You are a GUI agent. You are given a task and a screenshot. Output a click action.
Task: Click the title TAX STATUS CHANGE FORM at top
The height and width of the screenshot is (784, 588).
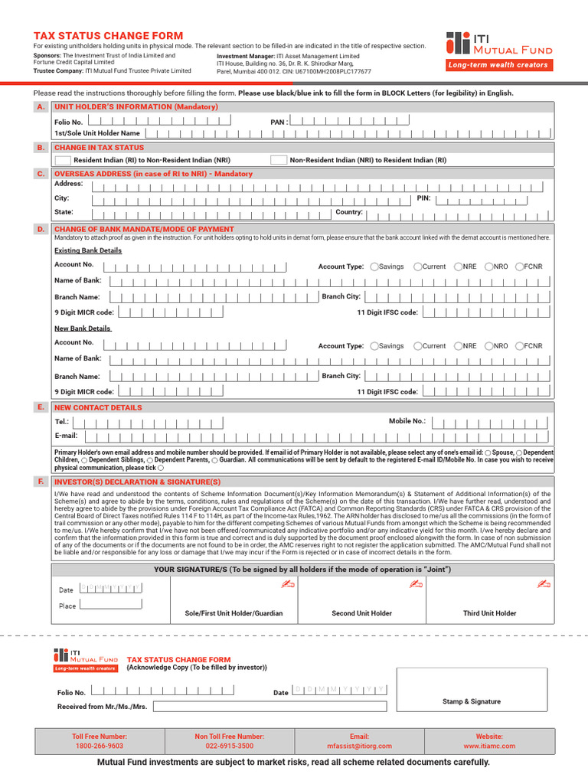click(x=108, y=36)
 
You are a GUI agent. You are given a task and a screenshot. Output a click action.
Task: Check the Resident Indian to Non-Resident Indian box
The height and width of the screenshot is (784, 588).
click(x=64, y=161)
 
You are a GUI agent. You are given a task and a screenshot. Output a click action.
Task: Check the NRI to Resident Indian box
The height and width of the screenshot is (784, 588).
click(x=279, y=161)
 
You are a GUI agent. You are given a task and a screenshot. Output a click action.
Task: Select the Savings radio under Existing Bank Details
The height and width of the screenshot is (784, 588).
click(x=374, y=266)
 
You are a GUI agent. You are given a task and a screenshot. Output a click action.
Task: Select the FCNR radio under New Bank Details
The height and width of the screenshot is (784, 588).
click(x=520, y=346)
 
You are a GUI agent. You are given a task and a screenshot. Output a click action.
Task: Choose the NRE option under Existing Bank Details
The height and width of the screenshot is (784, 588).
click(x=459, y=266)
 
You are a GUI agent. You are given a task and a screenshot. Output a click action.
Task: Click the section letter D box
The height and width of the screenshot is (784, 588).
click(x=41, y=229)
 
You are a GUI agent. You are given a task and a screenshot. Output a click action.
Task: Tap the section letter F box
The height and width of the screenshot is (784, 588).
click(x=41, y=482)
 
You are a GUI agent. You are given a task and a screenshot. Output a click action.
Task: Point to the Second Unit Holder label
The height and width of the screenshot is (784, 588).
click(x=361, y=613)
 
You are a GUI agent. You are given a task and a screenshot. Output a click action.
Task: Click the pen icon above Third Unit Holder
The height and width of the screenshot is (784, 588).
click(x=544, y=584)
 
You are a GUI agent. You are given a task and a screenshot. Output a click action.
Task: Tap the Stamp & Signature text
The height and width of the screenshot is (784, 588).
click(x=471, y=701)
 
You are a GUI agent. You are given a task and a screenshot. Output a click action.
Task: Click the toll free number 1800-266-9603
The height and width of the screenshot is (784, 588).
click(x=100, y=746)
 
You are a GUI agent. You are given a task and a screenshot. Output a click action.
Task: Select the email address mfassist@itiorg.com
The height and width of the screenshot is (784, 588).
click(x=359, y=746)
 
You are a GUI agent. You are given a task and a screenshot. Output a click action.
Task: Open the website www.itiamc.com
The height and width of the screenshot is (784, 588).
click(x=488, y=746)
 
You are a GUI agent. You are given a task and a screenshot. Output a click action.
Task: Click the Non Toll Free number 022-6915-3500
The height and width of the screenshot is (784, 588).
click(x=229, y=746)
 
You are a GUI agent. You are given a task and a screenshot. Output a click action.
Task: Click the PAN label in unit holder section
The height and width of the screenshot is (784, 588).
click(x=279, y=121)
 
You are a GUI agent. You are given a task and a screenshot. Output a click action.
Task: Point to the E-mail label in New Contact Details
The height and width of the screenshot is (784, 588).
click(x=66, y=435)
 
